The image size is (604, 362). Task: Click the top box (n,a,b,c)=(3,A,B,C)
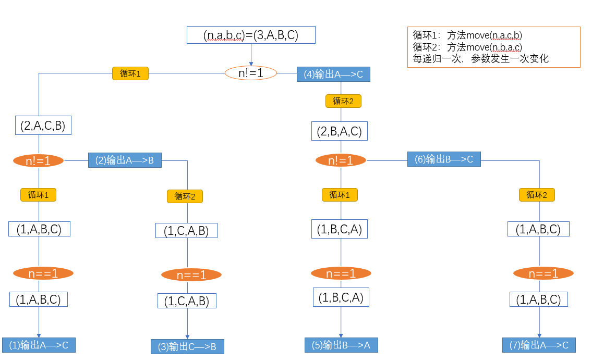(251, 35)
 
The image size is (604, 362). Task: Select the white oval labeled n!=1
(250, 73)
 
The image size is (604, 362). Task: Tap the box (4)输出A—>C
(333, 74)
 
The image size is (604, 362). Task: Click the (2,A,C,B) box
(43, 126)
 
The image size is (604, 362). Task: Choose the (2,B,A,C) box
(339, 131)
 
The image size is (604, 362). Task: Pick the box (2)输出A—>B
(125, 160)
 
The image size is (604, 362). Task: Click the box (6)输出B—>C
(444, 159)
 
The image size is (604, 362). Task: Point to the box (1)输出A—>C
(39, 345)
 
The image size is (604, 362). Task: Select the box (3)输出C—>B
(187, 346)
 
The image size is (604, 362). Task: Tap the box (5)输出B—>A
(341, 345)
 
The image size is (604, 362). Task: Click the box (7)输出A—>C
(539, 345)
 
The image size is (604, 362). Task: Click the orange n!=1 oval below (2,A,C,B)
(38, 161)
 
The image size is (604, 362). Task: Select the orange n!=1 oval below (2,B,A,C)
(341, 160)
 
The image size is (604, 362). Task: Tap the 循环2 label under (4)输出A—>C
(343, 101)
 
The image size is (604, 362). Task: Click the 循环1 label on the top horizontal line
(130, 73)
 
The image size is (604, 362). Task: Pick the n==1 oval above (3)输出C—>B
(191, 275)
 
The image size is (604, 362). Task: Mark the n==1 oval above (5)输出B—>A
(341, 273)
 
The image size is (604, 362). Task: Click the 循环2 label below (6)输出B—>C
(536, 195)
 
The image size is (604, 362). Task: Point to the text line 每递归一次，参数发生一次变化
(480, 59)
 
